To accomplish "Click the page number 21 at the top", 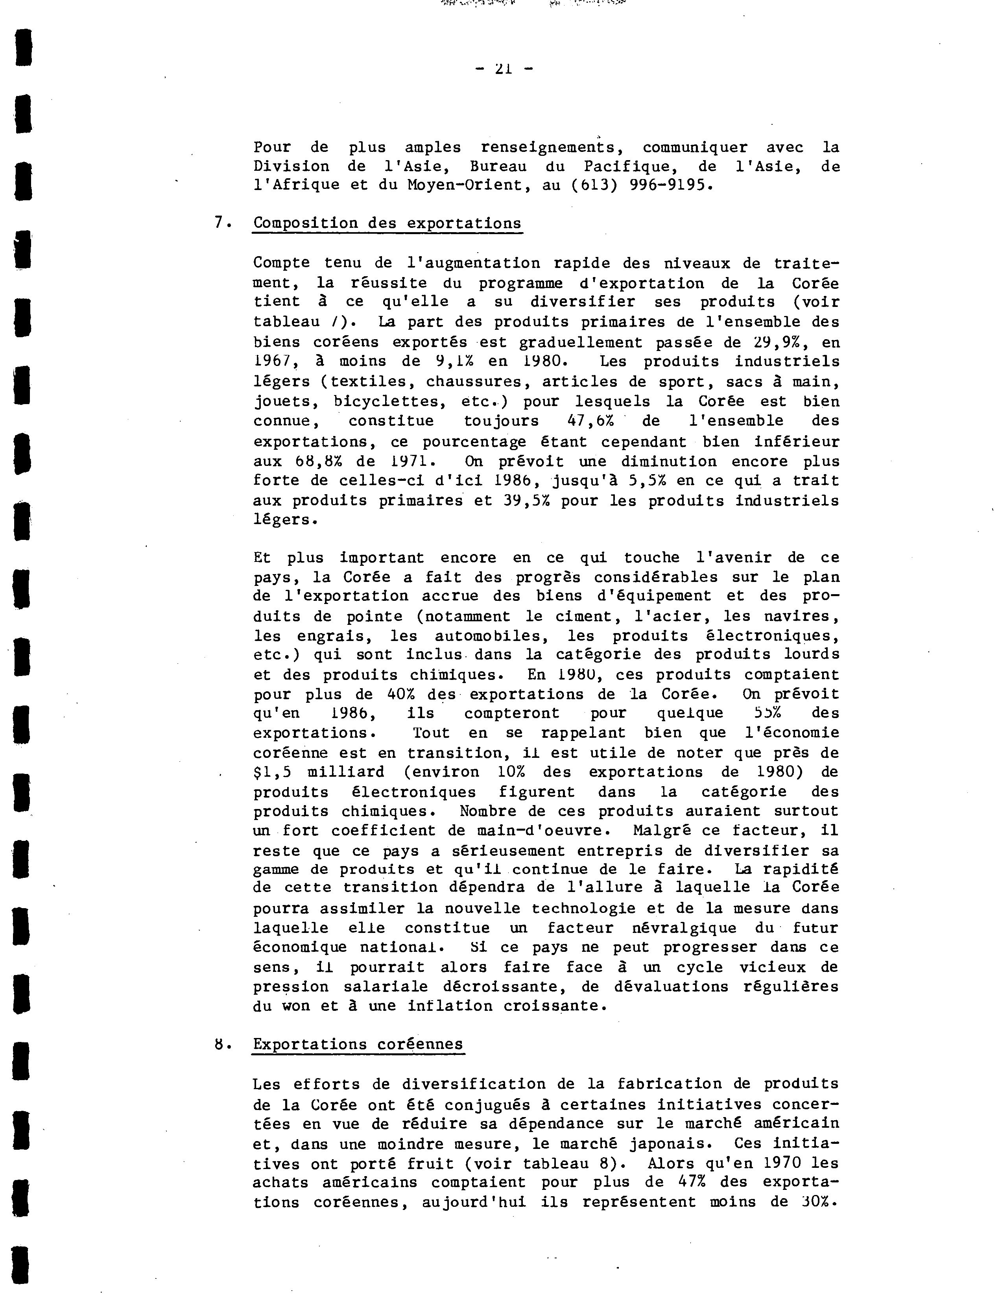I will coord(504,69).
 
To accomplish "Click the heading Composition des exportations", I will coord(387,224).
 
